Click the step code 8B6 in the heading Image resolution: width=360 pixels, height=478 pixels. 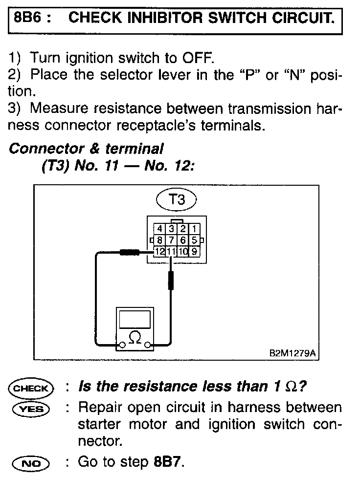point(31,18)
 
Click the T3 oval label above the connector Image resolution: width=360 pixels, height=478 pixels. point(176,199)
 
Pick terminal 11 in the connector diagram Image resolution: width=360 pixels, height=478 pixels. point(171,252)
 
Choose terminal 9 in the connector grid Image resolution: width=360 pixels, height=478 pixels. point(194,252)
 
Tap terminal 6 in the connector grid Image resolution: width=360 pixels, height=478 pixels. point(182,240)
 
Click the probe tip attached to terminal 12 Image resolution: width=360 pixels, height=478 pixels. point(130,252)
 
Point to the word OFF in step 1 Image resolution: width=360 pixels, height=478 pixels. point(198,58)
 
